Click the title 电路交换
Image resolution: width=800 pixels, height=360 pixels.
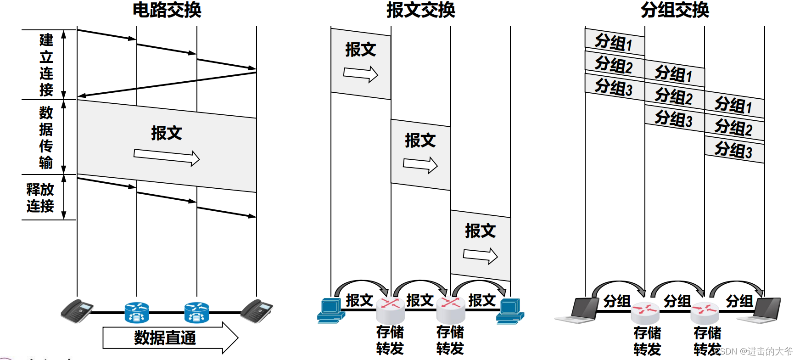[167, 10]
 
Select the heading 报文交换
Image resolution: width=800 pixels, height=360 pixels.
[420, 10]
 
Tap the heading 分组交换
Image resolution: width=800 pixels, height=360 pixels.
[675, 10]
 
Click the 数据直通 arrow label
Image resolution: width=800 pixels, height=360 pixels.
[165, 338]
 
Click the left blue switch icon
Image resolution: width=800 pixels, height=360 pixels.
[137, 312]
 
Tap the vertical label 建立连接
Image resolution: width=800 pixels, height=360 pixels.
[46, 65]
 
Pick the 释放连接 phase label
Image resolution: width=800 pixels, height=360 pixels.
[40, 198]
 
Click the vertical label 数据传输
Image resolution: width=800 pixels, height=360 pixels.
[46, 137]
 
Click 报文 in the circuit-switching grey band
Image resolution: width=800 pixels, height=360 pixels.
[167, 133]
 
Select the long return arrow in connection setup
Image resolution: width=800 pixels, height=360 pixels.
[167, 84]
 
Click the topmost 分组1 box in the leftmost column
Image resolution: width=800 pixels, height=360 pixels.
[614, 43]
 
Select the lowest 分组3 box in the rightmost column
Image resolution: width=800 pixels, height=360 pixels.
[734, 150]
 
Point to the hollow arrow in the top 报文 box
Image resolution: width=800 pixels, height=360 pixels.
[361, 74]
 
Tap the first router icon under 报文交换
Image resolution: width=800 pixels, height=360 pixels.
[390, 310]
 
